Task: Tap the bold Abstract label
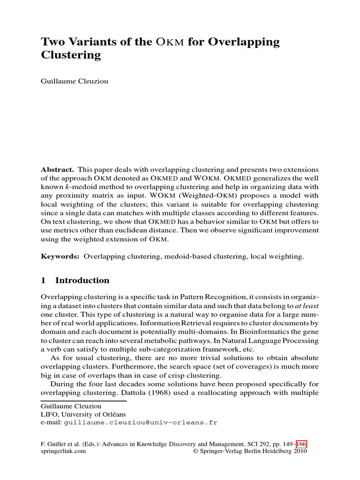click(57, 169)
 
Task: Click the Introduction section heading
click(82, 281)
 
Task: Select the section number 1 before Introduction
click(44, 281)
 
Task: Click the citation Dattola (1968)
click(147, 392)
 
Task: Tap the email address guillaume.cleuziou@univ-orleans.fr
click(141, 422)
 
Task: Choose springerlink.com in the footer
click(63, 452)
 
